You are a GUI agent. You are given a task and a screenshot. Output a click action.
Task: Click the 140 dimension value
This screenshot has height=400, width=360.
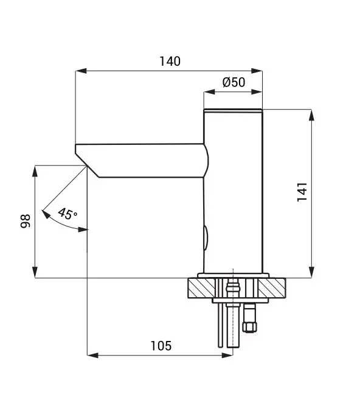[170, 61]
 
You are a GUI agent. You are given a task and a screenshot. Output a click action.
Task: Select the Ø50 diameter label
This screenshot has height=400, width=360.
[234, 83]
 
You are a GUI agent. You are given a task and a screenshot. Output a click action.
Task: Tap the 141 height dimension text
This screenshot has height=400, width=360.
[302, 193]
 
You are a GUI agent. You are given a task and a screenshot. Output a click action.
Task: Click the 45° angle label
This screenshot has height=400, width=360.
[67, 214]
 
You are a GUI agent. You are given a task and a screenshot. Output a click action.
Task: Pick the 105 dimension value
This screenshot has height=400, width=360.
[161, 346]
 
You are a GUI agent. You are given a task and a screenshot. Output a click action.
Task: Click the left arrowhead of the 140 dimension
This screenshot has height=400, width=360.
[78, 71]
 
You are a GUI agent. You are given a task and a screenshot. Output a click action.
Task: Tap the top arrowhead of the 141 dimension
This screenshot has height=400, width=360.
[312, 114]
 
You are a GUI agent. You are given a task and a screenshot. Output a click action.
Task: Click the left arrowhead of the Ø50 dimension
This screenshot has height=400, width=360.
[207, 93]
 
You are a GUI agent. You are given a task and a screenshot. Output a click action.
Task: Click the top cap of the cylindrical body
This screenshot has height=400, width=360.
[233, 111]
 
